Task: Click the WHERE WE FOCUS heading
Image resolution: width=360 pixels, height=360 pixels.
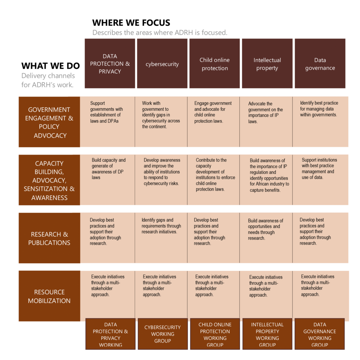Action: (x=131, y=23)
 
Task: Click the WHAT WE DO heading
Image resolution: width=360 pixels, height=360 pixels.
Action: (x=51, y=66)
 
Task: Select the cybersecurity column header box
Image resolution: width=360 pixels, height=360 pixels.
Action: (x=162, y=63)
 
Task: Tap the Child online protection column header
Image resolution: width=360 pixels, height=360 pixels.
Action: (x=214, y=63)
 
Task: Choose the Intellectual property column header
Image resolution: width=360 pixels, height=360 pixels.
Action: (x=267, y=63)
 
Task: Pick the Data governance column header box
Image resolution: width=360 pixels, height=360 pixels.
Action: (x=320, y=63)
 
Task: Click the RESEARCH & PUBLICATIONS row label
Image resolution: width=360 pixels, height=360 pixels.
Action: (x=49, y=238)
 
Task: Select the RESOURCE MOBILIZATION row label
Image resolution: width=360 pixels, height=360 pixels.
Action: (x=49, y=296)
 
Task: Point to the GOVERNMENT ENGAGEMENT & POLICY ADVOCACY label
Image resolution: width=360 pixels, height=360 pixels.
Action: (x=49, y=122)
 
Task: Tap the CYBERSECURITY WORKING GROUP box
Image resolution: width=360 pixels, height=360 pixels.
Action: (x=162, y=334)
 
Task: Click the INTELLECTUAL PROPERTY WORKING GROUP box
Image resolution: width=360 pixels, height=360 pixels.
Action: (x=267, y=334)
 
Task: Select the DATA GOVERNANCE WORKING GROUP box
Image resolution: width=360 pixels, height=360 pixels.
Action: (x=320, y=334)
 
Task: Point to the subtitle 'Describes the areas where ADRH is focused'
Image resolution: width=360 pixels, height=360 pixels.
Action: (x=160, y=33)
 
